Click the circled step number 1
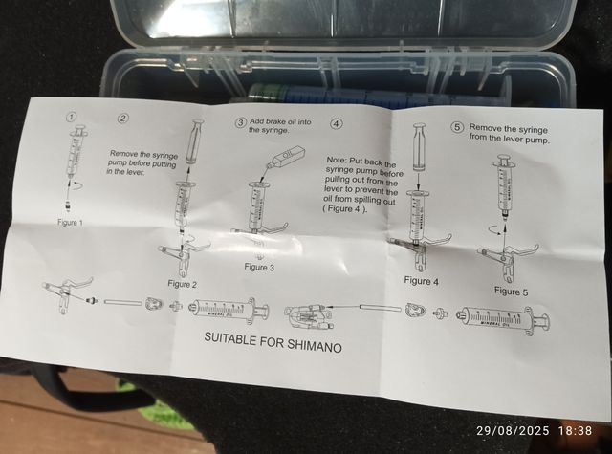pos(71,117)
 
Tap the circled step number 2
pos(122,119)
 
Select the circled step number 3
pos(240,123)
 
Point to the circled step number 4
pos(335,124)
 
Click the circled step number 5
pos(457,127)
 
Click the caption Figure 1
pos(69,223)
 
